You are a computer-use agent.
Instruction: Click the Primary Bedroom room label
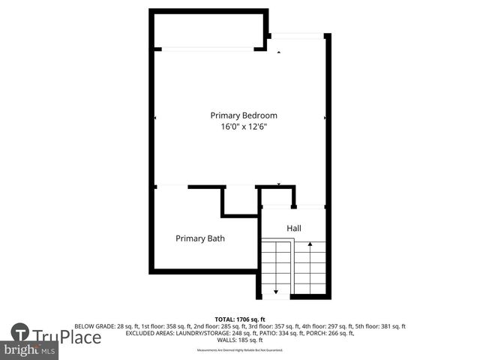tap(244, 115)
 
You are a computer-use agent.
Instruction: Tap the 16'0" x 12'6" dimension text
tap(244, 127)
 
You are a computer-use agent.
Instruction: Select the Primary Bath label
tap(200, 238)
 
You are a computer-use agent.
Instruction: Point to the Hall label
tap(294, 227)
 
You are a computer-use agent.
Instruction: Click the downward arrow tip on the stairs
tap(276, 291)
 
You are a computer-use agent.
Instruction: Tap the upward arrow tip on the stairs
tap(310, 244)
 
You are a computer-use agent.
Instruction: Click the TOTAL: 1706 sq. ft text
tap(240, 319)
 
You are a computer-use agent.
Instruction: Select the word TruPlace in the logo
tap(66, 337)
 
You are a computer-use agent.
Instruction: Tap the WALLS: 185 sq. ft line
tap(240, 340)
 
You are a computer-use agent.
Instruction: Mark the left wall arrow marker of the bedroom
tap(155, 118)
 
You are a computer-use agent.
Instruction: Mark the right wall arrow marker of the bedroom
tap(325, 118)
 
